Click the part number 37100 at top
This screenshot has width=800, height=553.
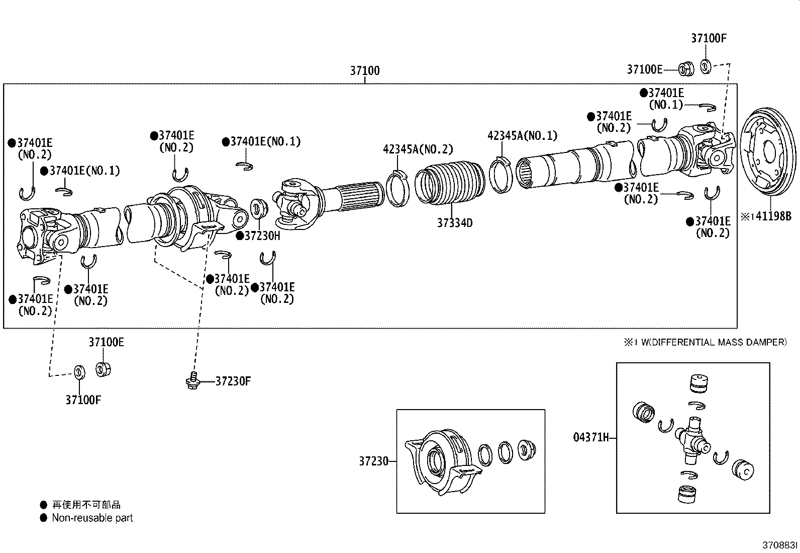tap(365, 71)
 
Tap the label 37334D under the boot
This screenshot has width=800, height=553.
tap(454, 222)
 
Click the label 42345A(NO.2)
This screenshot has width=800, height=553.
tap(418, 149)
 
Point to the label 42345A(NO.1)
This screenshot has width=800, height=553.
tap(522, 135)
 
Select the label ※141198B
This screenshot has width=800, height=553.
tap(766, 216)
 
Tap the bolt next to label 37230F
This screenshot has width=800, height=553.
tap(192, 381)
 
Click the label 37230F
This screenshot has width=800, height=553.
tap(233, 381)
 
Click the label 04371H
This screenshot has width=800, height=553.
tap(591, 437)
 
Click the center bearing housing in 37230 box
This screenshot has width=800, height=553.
tap(441, 458)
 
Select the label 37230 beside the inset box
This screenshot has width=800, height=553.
tap(373, 461)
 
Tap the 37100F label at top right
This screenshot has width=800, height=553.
tap(709, 38)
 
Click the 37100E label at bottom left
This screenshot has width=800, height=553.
tap(106, 342)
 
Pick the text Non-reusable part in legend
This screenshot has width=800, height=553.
tap(92, 518)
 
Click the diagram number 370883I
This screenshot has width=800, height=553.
tap(780, 545)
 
